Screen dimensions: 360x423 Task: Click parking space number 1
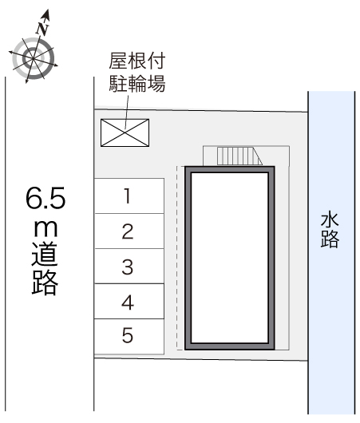(x=129, y=196)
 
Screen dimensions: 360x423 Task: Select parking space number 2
(x=129, y=231)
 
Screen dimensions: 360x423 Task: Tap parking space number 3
(x=129, y=266)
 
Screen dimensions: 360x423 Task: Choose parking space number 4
(x=129, y=301)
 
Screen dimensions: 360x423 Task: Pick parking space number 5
(x=129, y=336)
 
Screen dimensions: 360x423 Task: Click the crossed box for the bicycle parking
(x=125, y=132)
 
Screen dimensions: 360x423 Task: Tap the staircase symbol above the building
(x=239, y=156)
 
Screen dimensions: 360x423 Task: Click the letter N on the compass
(x=42, y=29)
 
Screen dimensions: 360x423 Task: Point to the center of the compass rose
(x=34, y=58)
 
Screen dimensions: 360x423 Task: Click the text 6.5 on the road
(x=45, y=198)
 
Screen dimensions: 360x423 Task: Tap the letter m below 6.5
(x=45, y=228)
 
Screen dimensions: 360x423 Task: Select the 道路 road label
(x=45, y=268)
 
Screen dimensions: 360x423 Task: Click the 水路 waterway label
(x=330, y=230)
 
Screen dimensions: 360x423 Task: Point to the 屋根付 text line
(x=137, y=61)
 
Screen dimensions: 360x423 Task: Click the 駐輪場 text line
(x=137, y=84)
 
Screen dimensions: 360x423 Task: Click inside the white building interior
(x=229, y=258)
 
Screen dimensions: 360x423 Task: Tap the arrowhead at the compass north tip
(x=47, y=14)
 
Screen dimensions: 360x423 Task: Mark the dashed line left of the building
(x=177, y=258)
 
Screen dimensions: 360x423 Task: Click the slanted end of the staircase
(x=257, y=156)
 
